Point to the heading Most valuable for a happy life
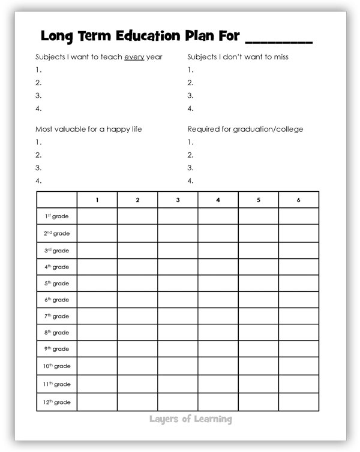tap(89, 129)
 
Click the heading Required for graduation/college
tap(245, 129)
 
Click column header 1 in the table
tap(97, 200)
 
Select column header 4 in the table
tap(218, 200)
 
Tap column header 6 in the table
tap(299, 200)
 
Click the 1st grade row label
tap(57, 216)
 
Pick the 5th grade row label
tap(57, 283)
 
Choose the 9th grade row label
tap(57, 348)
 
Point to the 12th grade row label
tap(57, 402)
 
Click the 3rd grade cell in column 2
tap(137, 250)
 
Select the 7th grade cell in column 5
tap(259, 316)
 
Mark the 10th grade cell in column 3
tap(178, 366)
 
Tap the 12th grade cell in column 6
tap(299, 402)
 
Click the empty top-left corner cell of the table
tap(57, 200)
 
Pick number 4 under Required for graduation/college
tap(190, 180)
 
